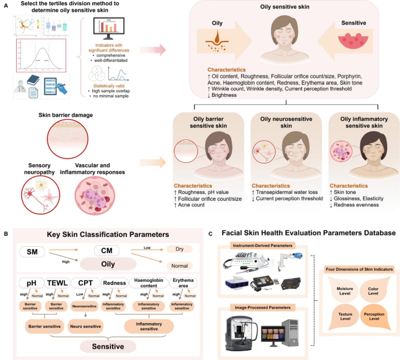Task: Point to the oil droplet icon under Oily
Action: (217, 44)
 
